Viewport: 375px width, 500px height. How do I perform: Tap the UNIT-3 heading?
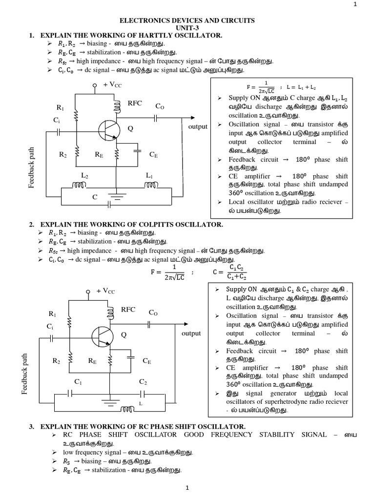[187, 28]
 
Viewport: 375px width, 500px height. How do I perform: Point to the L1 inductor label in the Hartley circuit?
[149, 175]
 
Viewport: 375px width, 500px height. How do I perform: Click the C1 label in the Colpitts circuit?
[78, 381]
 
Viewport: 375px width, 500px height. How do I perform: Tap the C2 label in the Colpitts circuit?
[143, 381]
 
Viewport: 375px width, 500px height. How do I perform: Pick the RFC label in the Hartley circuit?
[135, 104]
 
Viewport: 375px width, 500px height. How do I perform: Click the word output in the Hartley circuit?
[197, 126]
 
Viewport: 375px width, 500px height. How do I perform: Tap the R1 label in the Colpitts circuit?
[52, 313]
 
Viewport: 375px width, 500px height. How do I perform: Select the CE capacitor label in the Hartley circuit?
[154, 154]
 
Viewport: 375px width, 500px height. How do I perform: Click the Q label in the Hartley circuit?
[130, 129]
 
